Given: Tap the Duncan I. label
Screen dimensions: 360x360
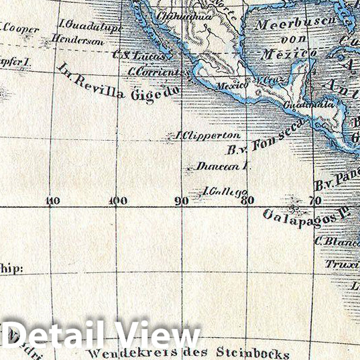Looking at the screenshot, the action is click(x=219, y=166).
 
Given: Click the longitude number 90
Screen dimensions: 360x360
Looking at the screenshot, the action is click(x=181, y=200).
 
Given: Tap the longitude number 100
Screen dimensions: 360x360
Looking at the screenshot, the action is click(x=117, y=200).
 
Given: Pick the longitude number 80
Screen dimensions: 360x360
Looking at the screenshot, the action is click(x=247, y=199).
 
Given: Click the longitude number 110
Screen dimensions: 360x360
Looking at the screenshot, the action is click(x=53, y=200).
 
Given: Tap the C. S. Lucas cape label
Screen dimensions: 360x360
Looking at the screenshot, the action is click(x=139, y=56).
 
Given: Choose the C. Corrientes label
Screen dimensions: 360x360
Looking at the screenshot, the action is click(x=155, y=72).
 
